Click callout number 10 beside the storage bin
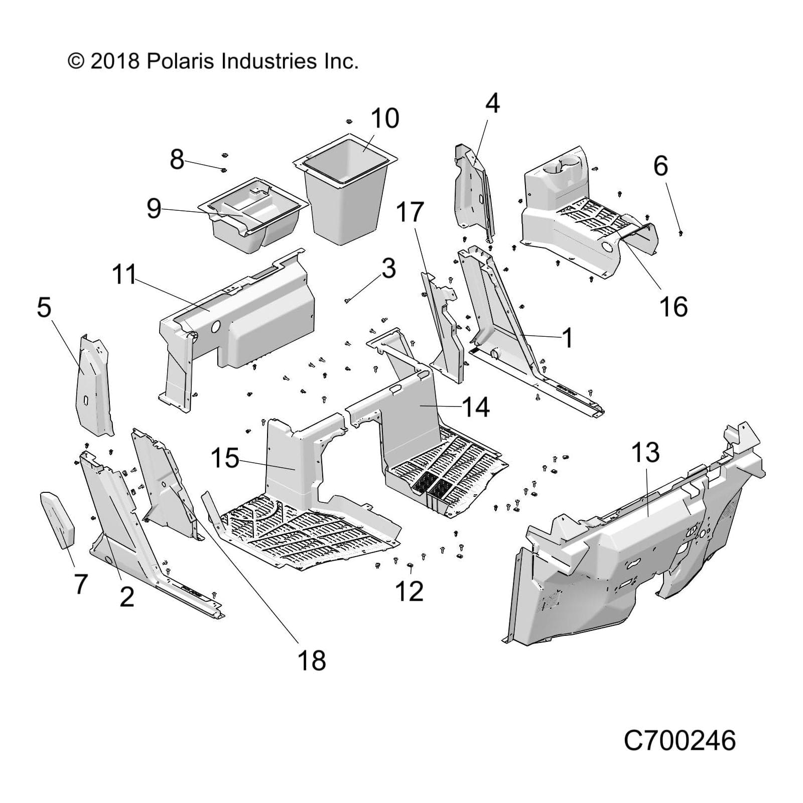point(384,118)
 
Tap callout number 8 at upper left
point(177,159)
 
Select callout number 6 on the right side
point(660,166)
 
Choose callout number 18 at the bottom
point(312,660)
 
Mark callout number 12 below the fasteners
point(409,591)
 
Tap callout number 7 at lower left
point(81,584)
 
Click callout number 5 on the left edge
point(44,307)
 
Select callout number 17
point(410,212)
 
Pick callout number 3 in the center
point(388,269)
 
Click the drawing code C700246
point(680,740)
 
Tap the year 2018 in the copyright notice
point(115,61)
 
